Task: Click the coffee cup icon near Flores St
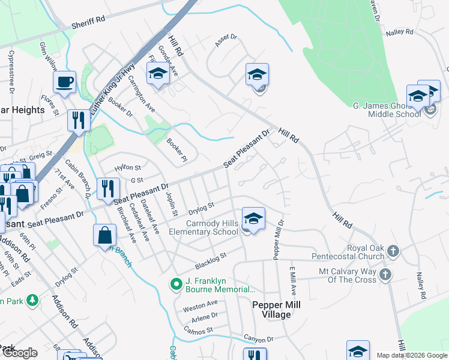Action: coord(64,82)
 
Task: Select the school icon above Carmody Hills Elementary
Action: coord(253,218)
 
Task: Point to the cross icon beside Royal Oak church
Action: coord(393,250)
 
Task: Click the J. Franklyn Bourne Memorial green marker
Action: coord(176,284)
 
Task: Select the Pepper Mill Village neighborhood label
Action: coord(276,310)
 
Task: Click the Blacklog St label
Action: coord(210,260)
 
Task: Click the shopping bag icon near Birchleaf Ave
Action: coord(104,235)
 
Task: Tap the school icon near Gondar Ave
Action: coord(157,74)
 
